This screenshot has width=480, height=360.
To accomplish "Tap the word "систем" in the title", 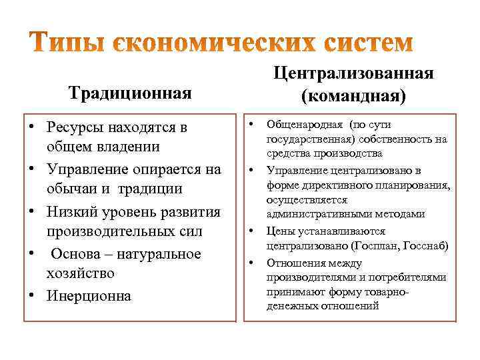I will click(363, 42).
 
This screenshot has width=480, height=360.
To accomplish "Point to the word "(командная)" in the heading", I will click(353, 97).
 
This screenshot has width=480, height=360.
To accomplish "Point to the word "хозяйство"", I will click(81, 273).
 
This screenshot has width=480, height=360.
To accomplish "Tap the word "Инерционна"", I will click(89, 295).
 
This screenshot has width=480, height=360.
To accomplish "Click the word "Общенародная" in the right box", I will click(302, 124).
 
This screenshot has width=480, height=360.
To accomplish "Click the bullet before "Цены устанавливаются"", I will click(253, 230).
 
